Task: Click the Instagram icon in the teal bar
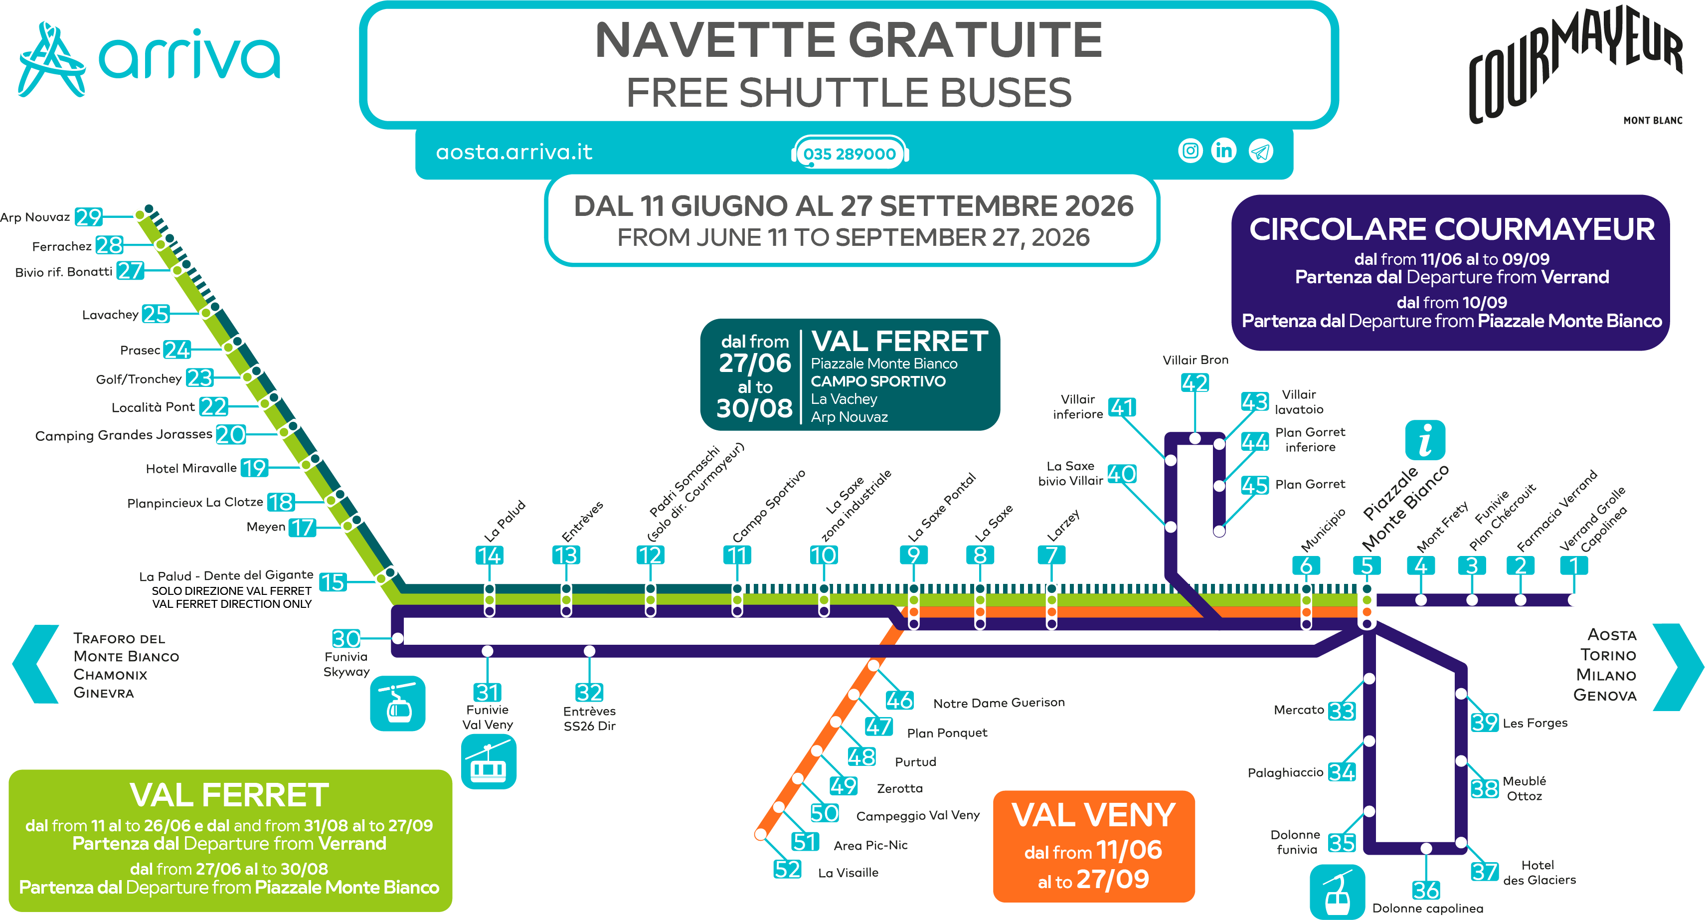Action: tap(1190, 151)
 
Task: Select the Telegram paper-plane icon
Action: tap(1260, 152)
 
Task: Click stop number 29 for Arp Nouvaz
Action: tap(88, 217)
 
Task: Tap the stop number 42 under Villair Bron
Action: tap(1194, 382)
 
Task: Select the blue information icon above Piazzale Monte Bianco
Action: tap(1425, 440)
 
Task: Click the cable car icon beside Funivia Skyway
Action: tap(398, 704)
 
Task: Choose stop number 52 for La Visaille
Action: tap(788, 869)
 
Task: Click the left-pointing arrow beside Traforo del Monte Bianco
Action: tap(36, 664)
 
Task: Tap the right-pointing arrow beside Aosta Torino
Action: tap(1679, 667)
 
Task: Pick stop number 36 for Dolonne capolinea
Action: tap(1426, 890)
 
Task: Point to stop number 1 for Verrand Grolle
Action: tap(1574, 565)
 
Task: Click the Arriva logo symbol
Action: tap(52, 59)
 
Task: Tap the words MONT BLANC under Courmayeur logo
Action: tap(1653, 121)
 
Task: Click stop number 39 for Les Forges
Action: tap(1485, 722)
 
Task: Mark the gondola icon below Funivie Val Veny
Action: tap(489, 762)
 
